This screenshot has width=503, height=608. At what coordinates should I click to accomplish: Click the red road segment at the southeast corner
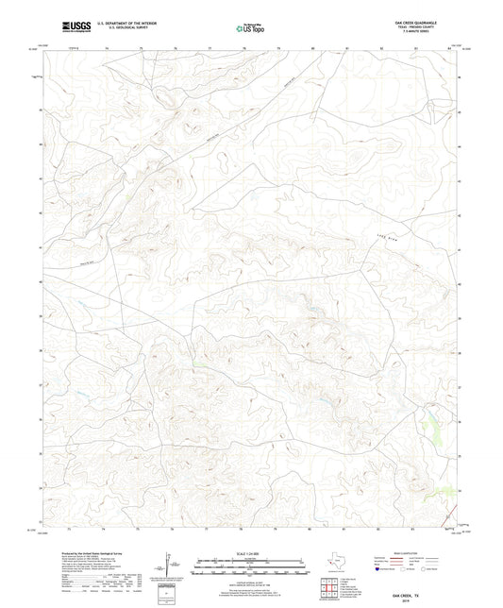coord(442,491)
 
